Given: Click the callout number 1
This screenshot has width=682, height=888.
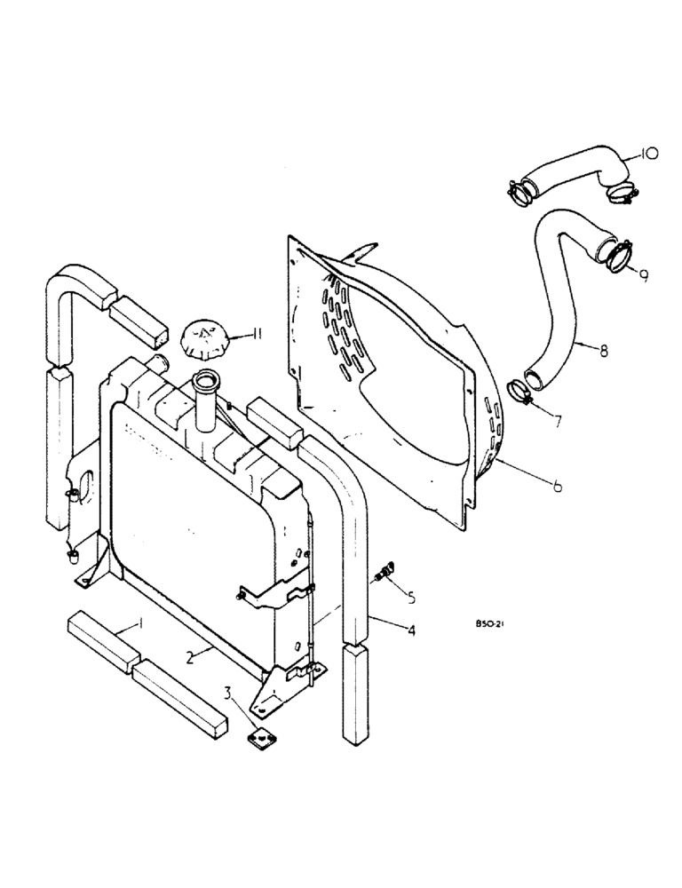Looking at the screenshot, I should (140, 625).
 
